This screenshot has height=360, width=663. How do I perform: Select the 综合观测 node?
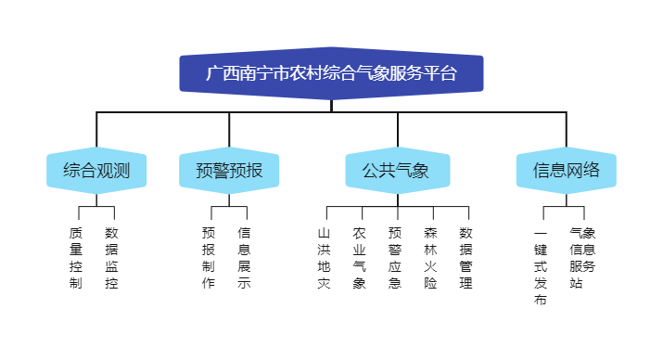click(96, 171)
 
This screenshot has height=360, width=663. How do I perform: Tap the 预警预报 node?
click(229, 171)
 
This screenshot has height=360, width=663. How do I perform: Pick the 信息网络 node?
click(567, 171)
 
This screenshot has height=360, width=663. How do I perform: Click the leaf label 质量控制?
click(76, 258)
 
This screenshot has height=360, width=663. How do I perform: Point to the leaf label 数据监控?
click(112, 258)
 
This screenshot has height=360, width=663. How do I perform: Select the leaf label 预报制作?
click(209, 258)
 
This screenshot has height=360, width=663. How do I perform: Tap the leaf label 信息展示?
click(245, 258)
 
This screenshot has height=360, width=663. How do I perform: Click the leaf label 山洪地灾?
click(324, 258)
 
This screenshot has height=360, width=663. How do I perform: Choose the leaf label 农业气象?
click(359, 258)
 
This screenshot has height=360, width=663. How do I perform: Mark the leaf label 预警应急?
click(395, 258)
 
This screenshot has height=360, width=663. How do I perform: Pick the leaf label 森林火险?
click(430, 258)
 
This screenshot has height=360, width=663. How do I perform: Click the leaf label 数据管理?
click(466, 258)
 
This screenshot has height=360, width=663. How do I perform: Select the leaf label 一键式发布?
click(541, 266)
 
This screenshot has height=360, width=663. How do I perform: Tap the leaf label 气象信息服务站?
click(582, 258)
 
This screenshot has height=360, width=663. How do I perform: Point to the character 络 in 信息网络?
click(592, 171)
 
